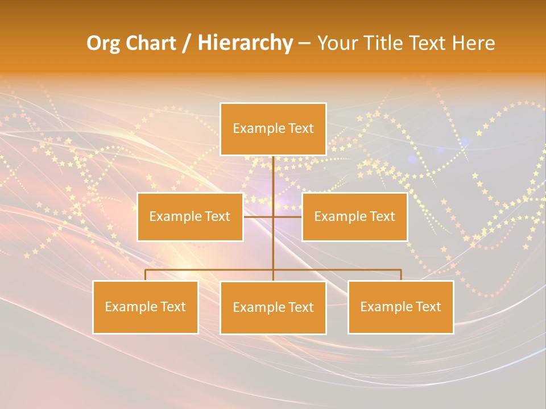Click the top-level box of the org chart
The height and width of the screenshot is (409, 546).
pyautogui.click(x=273, y=129)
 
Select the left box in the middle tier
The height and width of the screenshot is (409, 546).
pyautogui.click(x=190, y=217)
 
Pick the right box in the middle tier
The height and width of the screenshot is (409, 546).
pyautogui.click(x=354, y=217)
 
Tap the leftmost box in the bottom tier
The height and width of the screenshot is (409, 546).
pyautogui.click(x=146, y=307)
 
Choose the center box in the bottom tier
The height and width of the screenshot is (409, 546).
pyautogui.click(x=273, y=307)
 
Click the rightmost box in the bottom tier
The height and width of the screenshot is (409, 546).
pyautogui.click(x=401, y=307)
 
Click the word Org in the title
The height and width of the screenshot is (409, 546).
pyautogui.click(x=103, y=44)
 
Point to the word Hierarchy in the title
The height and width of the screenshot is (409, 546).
pyautogui.click(x=245, y=44)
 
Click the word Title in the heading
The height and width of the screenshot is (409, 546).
pyautogui.click(x=388, y=44)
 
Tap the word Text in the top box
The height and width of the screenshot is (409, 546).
pyautogui.click(x=301, y=129)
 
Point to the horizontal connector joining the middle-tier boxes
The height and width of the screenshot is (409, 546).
pyautogui.click(x=287, y=217)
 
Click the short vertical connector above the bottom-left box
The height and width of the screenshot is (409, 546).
pyautogui.click(x=146, y=275)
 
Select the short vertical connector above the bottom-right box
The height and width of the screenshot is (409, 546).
pyautogui.click(x=401, y=275)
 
